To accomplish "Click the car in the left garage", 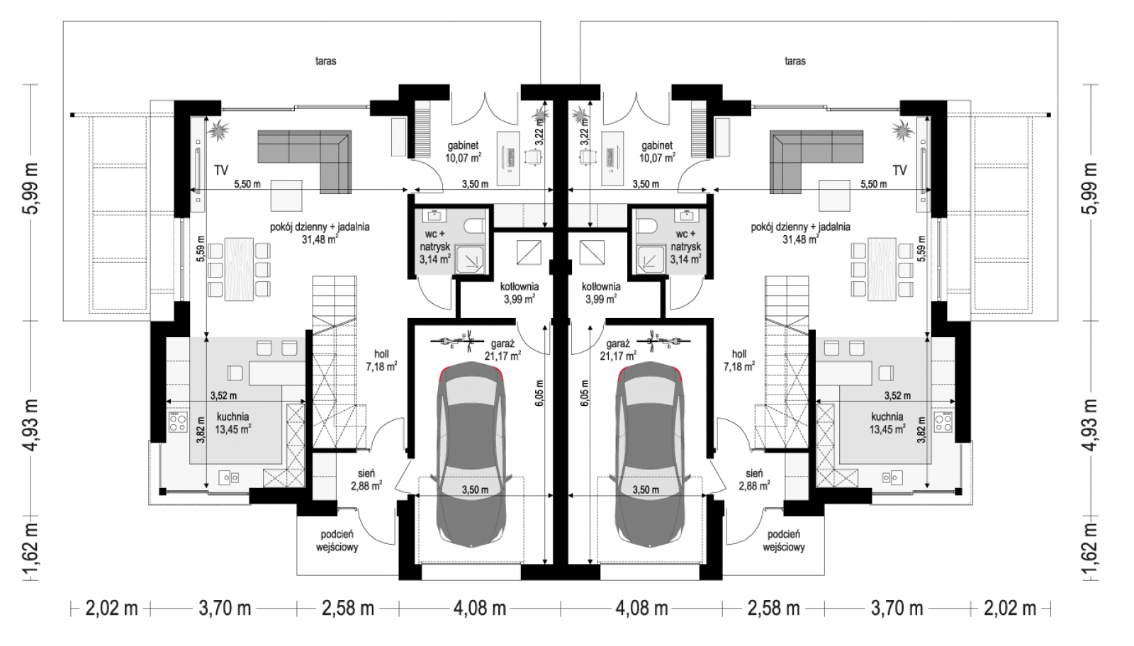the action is click(471, 455).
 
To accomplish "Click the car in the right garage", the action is click(650, 455).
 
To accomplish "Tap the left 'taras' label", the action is click(326, 61).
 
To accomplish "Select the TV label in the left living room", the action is click(220, 171).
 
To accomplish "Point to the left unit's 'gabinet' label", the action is click(464, 146).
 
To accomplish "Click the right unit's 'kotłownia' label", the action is click(601, 286).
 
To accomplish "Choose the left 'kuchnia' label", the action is click(233, 416).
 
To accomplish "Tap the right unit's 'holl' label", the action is click(739, 355).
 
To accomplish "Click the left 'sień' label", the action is click(366, 473).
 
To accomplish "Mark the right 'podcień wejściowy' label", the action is click(784, 540).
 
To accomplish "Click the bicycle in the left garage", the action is click(453, 341).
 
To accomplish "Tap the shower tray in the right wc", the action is click(652, 260).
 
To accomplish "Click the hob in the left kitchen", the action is click(177, 422).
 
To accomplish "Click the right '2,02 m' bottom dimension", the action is click(1010, 608).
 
